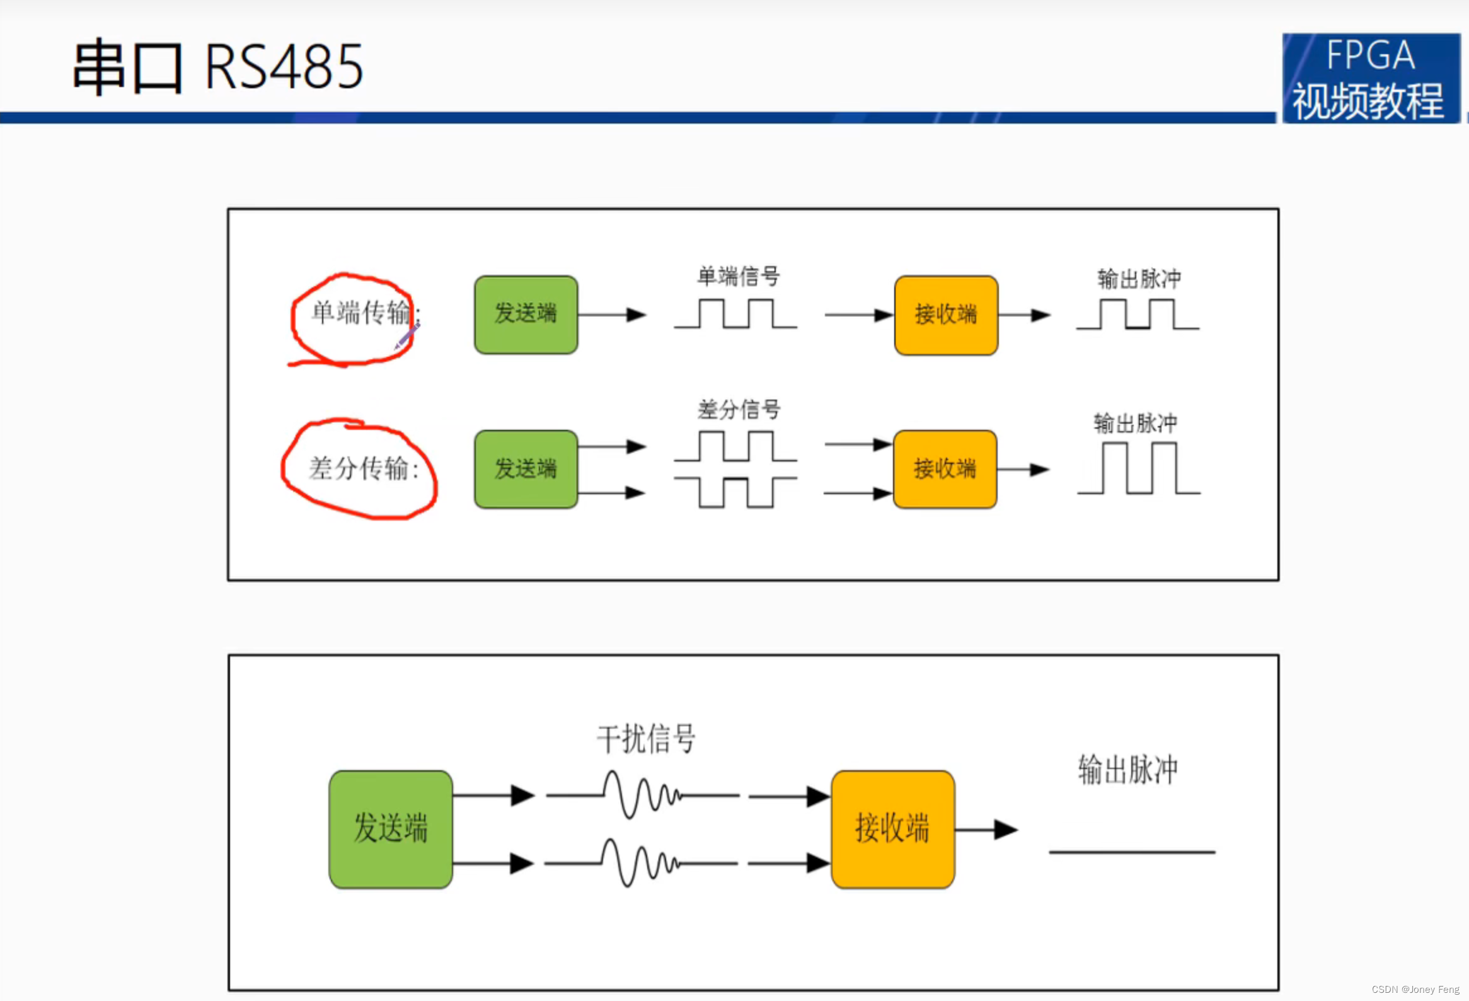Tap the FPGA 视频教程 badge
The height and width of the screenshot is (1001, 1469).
pyautogui.click(x=1371, y=78)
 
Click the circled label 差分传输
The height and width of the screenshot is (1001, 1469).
pyautogui.click(x=363, y=468)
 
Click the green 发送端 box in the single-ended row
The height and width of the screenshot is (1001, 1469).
pyautogui.click(x=526, y=315)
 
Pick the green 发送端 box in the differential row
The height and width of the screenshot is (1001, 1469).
pyautogui.click(x=526, y=469)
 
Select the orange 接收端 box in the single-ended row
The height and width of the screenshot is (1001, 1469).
pyautogui.click(x=946, y=315)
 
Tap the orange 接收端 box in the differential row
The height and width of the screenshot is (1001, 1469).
pyautogui.click(x=945, y=469)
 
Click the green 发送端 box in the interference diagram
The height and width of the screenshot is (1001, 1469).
pyautogui.click(x=391, y=829)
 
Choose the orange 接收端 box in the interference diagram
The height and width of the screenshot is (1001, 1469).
pyautogui.click(x=892, y=829)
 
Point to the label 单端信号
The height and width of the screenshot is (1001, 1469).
pyautogui.click(x=739, y=276)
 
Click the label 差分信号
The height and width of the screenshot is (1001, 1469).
pyautogui.click(x=739, y=409)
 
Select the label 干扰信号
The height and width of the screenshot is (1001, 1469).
pyautogui.click(x=646, y=739)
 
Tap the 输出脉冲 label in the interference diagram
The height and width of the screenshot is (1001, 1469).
pyautogui.click(x=1127, y=770)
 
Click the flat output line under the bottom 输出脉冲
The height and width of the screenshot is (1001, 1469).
pyautogui.click(x=1131, y=852)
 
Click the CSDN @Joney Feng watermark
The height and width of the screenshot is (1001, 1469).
pyautogui.click(x=1415, y=989)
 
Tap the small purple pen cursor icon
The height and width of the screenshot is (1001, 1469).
pyautogui.click(x=407, y=336)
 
